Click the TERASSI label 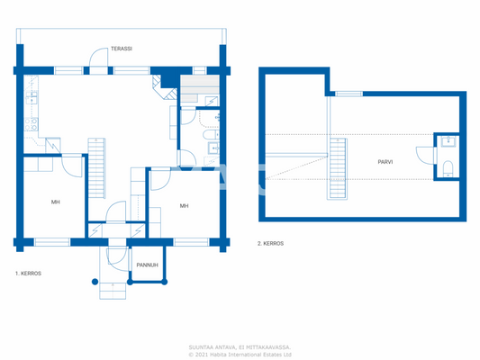click(x=121, y=49)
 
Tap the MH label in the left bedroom click(x=55, y=202)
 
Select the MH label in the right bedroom click(x=184, y=206)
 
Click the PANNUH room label click(x=148, y=265)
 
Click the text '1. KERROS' click(x=28, y=272)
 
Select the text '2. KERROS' click(x=271, y=243)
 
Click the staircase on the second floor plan click(x=338, y=168)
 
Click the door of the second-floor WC click(x=424, y=156)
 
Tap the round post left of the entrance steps click(x=97, y=282)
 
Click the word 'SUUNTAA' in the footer click(x=202, y=346)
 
